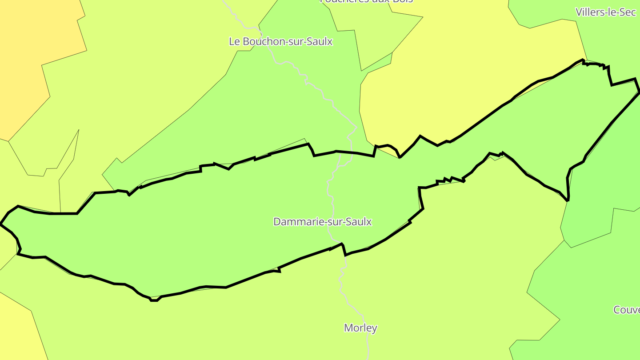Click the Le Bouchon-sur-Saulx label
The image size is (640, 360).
(x=280, y=42)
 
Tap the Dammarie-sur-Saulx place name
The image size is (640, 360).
(x=322, y=222)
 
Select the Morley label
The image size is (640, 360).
(x=360, y=328)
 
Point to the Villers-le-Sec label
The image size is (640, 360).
(x=605, y=12)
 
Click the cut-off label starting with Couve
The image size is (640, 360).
(x=627, y=310)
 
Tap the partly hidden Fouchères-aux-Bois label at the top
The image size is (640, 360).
(x=366, y=1)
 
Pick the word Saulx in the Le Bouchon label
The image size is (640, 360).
(x=320, y=42)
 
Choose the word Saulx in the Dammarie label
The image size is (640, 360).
(x=359, y=222)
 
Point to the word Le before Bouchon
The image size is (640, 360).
(x=234, y=42)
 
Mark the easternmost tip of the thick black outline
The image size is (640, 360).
(x=639, y=92)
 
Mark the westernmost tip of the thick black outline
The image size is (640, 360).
(x=1, y=224)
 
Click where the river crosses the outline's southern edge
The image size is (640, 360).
(x=341, y=244)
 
